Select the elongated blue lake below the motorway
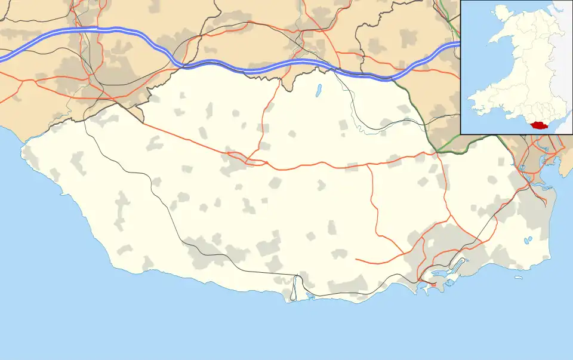tap(318, 91)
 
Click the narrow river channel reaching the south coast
tap(295, 287)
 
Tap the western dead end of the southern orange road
tap(356, 260)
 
